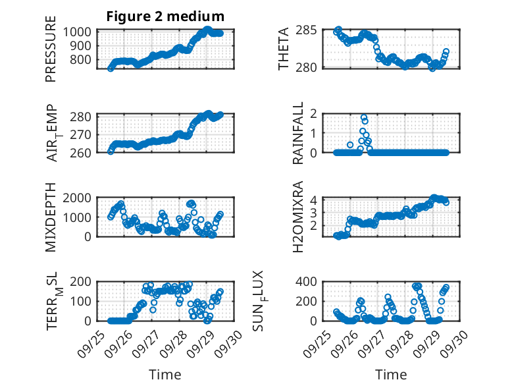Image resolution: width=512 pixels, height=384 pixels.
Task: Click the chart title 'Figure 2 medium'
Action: click(x=165, y=16)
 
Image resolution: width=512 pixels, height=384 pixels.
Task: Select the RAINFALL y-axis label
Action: click(x=297, y=133)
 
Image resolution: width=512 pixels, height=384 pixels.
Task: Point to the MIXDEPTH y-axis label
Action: click(x=51, y=216)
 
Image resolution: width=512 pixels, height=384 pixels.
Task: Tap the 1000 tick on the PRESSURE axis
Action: click(x=80, y=32)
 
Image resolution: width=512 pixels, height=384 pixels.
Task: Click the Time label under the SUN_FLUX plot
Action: click(x=391, y=374)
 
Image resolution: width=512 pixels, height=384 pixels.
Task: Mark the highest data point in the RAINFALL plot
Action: click(x=363, y=117)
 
